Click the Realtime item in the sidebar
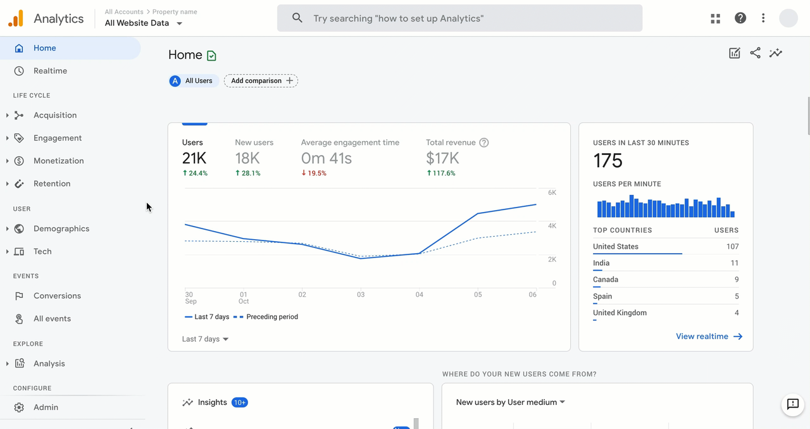[x=50, y=71]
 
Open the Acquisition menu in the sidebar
[x=55, y=115]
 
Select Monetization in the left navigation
[x=58, y=161]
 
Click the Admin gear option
[x=46, y=407]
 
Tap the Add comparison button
[x=261, y=81]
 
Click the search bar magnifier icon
[x=297, y=18]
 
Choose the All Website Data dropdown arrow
[x=179, y=23]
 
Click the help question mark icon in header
[x=740, y=18]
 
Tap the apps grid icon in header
[x=715, y=18]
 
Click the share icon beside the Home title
[x=755, y=53]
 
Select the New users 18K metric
[x=247, y=158]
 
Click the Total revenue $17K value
[x=442, y=158]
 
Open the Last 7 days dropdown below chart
[x=205, y=339]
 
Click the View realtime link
[x=709, y=337]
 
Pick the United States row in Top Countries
[x=665, y=247]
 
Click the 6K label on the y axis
[x=552, y=192]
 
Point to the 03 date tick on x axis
[x=361, y=295]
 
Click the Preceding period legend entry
[x=271, y=317]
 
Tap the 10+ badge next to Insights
[x=239, y=402]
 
